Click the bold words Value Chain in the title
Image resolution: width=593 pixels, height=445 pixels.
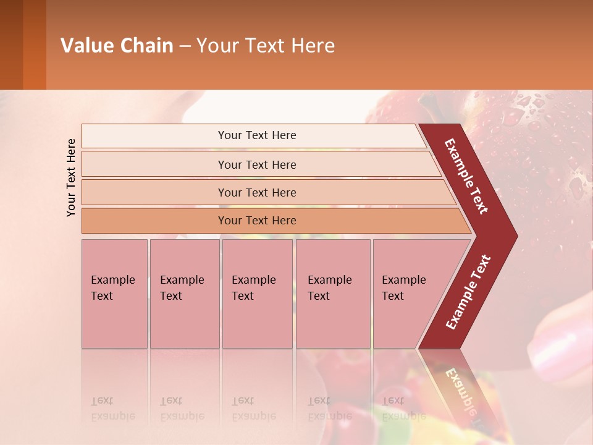117,46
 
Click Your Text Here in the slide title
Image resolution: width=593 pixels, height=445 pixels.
266,46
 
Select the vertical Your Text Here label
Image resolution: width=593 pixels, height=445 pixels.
72,177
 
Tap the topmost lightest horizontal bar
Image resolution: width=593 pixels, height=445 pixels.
253,135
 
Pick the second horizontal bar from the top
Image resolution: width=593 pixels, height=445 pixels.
256,164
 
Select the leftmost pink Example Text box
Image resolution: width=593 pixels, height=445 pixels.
114,294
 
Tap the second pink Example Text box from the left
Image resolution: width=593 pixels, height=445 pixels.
184,294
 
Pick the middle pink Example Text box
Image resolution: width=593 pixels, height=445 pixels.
257,294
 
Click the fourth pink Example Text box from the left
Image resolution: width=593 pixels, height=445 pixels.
332,294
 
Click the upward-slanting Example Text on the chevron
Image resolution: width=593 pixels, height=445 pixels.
468,292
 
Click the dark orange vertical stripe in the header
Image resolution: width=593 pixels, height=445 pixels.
34,45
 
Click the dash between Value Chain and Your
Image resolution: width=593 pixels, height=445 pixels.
185,46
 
